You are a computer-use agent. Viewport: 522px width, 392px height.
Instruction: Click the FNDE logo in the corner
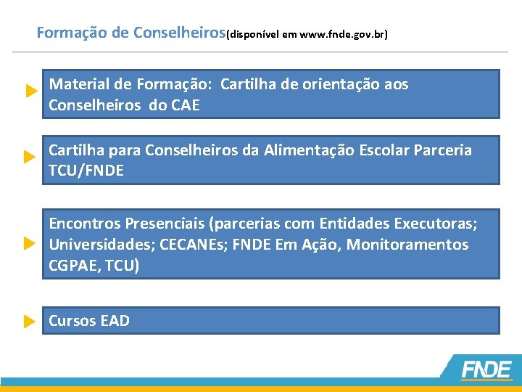click(486, 369)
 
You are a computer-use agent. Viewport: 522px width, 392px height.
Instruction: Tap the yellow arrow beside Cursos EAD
click(29, 321)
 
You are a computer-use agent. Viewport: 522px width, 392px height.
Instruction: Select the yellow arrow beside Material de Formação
click(30, 91)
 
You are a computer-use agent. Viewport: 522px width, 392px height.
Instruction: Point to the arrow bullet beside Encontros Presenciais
click(29, 242)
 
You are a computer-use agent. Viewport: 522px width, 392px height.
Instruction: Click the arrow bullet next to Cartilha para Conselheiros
click(29, 157)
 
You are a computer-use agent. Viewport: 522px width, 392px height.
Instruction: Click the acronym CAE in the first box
click(184, 105)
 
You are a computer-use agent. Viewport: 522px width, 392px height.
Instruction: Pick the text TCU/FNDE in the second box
click(86, 171)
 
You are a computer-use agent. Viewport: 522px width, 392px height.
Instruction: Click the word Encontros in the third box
click(84, 222)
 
